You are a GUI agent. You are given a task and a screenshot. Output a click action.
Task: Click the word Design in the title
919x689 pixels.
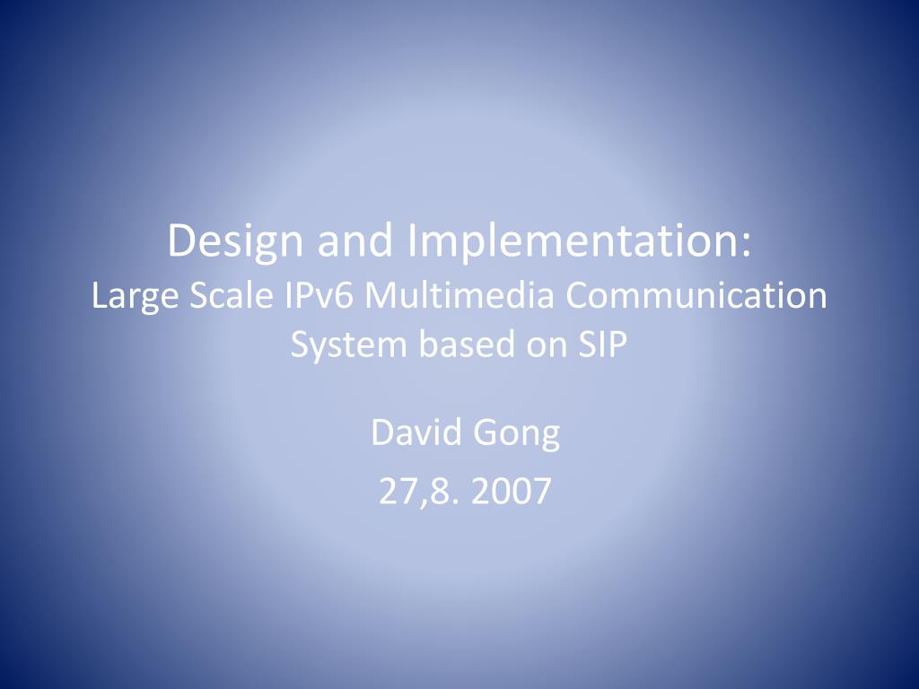coord(236,242)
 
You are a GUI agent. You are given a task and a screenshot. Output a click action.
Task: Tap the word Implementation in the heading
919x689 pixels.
coord(571,242)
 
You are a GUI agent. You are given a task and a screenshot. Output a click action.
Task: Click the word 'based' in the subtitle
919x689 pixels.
coord(466,344)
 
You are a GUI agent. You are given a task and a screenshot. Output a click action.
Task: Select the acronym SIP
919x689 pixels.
coord(603,344)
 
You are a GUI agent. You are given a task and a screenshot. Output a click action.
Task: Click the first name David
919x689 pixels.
coord(416,433)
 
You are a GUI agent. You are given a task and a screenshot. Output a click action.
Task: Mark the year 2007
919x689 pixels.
coord(511,491)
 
